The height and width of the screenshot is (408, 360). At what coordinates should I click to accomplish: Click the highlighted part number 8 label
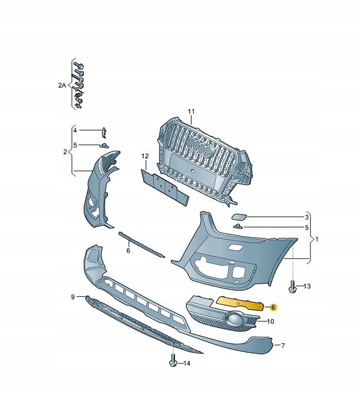[273, 307]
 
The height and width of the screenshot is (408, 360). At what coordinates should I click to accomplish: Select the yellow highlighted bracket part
[240, 303]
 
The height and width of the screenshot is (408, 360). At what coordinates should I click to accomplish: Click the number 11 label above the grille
[191, 112]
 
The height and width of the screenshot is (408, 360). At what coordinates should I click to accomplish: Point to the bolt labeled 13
[292, 286]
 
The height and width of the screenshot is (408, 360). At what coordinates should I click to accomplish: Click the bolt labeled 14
[173, 360]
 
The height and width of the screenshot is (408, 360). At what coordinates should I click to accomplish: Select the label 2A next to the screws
[62, 85]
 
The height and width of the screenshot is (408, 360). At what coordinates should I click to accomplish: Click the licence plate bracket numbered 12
[164, 187]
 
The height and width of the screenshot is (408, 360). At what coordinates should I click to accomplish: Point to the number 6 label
[128, 251]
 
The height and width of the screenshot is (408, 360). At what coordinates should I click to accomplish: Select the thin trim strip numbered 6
[141, 244]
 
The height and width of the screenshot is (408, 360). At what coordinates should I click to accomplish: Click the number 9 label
[73, 297]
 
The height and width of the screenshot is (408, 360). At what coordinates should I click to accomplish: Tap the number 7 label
[283, 346]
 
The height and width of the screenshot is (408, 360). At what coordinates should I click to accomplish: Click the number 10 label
[270, 321]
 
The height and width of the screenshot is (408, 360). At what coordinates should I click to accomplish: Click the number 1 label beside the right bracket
[316, 239]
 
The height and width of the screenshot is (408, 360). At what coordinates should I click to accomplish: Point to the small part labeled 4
[104, 132]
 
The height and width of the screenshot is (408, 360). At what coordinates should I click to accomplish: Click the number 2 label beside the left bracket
[65, 152]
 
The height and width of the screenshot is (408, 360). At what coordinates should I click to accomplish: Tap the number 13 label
[307, 286]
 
